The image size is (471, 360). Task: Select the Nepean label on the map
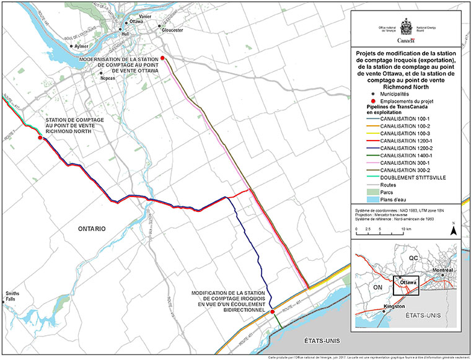click(108, 79)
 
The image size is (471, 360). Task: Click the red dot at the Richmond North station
click(40, 138)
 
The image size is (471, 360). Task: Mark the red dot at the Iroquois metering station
click(272, 312)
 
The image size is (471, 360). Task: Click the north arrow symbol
click(454, 230)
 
